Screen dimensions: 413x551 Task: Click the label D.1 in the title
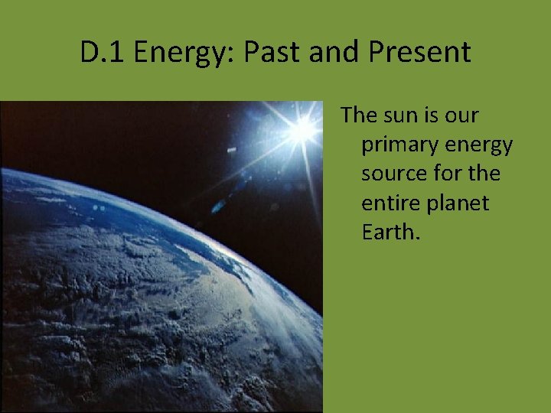103,53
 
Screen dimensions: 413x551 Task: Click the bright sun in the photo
303,129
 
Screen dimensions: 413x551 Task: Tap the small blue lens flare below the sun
218,205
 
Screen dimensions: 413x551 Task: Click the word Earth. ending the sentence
391,233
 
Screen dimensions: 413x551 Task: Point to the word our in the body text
462,116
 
